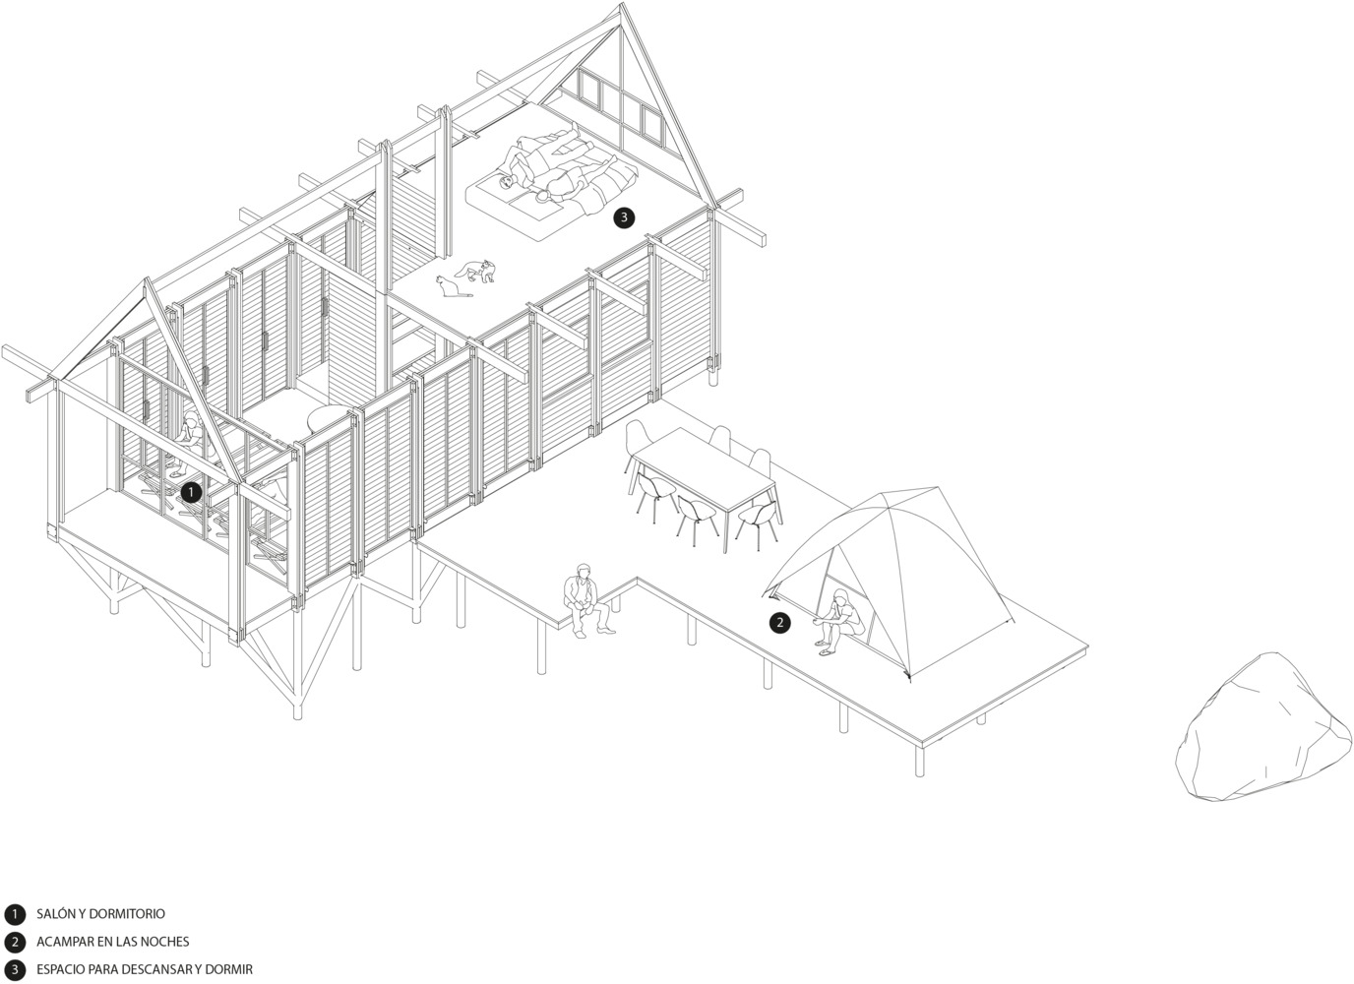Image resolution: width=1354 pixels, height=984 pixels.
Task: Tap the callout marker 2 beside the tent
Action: [x=779, y=623]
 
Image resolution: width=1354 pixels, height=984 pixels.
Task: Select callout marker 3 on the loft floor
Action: [x=624, y=217]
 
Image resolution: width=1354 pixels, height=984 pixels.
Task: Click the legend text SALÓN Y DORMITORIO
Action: [x=100, y=913]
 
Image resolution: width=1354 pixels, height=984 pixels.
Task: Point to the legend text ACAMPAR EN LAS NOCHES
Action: [x=112, y=942]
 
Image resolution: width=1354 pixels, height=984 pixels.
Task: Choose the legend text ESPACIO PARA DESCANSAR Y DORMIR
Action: [x=145, y=969]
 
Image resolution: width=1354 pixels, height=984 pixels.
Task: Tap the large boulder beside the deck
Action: [x=1263, y=728]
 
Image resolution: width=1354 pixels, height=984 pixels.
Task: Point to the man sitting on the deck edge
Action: [x=585, y=600]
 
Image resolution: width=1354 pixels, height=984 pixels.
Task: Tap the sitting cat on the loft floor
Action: [x=451, y=286]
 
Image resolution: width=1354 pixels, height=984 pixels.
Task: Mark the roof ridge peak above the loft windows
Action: [x=621, y=5]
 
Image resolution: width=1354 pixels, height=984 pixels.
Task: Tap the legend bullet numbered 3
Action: [x=15, y=970]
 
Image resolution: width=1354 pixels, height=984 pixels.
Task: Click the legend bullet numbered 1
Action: [x=15, y=914]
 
